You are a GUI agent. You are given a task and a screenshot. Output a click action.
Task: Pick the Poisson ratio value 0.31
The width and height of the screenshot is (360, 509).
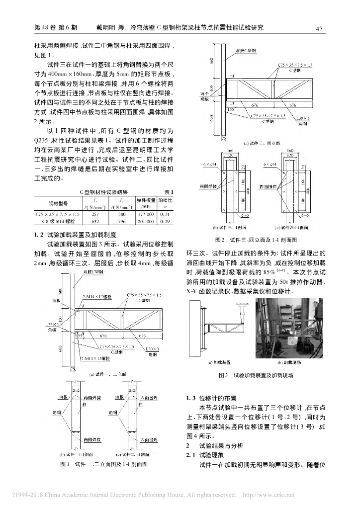click(x=165, y=214)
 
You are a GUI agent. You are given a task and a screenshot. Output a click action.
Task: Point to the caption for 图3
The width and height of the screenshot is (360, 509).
click(x=256, y=375)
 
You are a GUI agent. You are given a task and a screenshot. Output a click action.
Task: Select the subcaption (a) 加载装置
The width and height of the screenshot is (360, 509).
click(x=215, y=362)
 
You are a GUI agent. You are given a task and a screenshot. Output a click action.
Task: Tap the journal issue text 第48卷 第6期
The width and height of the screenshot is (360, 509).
click(x=54, y=28)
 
